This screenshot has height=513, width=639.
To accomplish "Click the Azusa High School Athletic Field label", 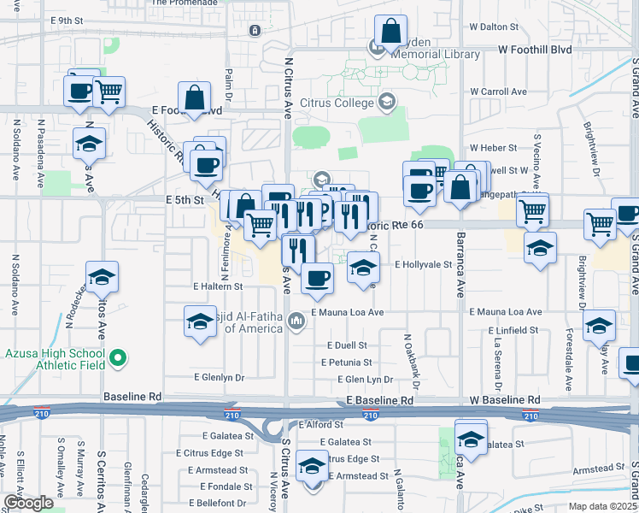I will pyautogui.click(x=55, y=359).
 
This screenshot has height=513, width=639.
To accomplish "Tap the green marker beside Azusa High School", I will pyautogui.click(x=120, y=359).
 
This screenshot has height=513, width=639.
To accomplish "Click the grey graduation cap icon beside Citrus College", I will pyautogui.click(x=387, y=103).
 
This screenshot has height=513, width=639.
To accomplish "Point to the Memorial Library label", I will pyautogui.click(x=437, y=55).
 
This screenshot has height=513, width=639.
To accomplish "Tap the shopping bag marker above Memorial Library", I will pyautogui.click(x=390, y=32).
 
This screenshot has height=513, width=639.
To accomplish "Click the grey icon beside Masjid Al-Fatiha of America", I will pyautogui.click(x=296, y=321).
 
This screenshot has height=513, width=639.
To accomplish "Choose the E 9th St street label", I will pyautogui.click(x=67, y=19).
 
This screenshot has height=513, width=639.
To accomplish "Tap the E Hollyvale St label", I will pyautogui.click(x=423, y=265).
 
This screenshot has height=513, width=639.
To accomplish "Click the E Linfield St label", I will pyautogui.click(x=513, y=330).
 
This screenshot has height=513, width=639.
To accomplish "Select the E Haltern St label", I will pyautogui.click(x=218, y=286).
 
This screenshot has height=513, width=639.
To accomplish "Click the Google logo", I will pyautogui.click(x=29, y=503).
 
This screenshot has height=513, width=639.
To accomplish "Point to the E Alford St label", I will pyautogui.click(x=321, y=424).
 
